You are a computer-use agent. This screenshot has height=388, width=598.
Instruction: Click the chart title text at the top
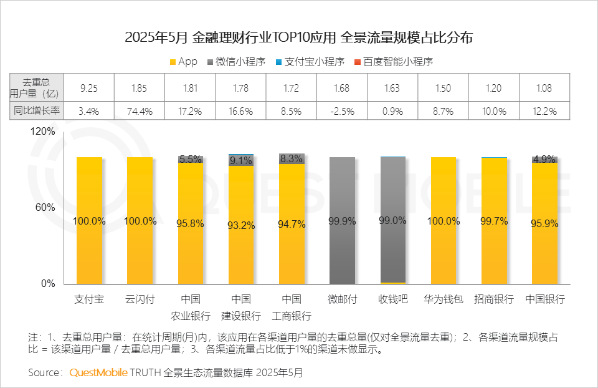(x=298, y=37)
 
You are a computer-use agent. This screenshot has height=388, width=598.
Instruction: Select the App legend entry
(x=183, y=62)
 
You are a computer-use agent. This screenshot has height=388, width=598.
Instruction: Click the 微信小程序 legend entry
(x=240, y=62)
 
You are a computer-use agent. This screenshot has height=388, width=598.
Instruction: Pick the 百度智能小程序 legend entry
(x=392, y=62)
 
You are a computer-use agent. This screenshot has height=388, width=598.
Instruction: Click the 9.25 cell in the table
(x=89, y=88)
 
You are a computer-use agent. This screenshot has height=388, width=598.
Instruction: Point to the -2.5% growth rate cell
(x=342, y=111)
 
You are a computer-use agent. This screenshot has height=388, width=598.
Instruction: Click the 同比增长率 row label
(x=37, y=111)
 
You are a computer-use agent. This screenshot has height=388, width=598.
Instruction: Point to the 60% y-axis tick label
(x=47, y=208)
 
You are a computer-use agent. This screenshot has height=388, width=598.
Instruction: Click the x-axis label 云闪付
(x=140, y=299)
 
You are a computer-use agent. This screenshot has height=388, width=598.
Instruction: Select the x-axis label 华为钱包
(x=443, y=299)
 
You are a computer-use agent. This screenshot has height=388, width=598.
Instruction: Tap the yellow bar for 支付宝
(x=89, y=250)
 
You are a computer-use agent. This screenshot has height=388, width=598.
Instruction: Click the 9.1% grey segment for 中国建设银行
(x=241, y=160)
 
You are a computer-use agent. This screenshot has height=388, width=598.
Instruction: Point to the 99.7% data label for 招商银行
(x=494, y=221)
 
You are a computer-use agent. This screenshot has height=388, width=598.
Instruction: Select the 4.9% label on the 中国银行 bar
(x=544, y=159)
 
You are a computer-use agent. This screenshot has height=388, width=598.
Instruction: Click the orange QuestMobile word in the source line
(x=98, y=372)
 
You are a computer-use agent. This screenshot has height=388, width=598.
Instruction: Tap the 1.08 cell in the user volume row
(x=544, y=88)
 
